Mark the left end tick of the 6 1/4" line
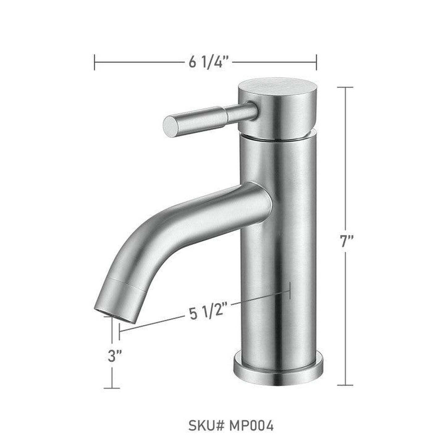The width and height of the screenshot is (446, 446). (95, 62)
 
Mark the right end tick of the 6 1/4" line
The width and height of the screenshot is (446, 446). (316, 62)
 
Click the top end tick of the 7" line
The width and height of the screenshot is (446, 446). (345, 88)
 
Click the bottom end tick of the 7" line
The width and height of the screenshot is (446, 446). (345, 385)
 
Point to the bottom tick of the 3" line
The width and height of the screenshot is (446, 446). (112, 388)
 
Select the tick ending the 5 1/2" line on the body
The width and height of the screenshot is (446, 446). (290, 290)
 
